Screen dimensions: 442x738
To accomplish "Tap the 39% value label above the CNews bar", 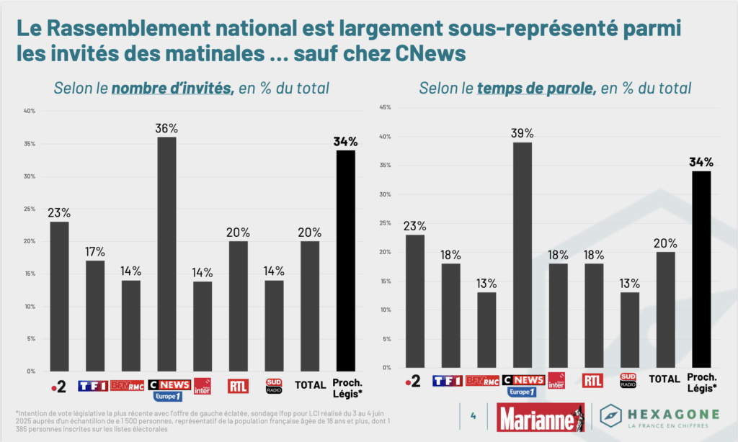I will pyautogui.click(x=522, y=133).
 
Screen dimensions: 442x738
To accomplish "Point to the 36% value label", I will pyautogui.click(x=166, y=127).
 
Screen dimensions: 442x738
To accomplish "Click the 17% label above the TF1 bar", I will pyautogui.click(x=95, y=251).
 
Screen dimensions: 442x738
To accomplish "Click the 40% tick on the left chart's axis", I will pyautogui.click(x=30, y=111).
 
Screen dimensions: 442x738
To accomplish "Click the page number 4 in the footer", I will pyautogui.click(x=473, y=416).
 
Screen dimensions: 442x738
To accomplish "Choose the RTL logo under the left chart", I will pyautogui.click(x=238, y=386).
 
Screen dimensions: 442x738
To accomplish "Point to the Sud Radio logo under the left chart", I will pyautogui.click(x=274, y=385).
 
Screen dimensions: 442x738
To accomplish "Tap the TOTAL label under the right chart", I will pyautogui.click(x=664, y=379).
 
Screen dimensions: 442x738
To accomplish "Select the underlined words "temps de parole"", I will pyautogui.click(x=535, y=89).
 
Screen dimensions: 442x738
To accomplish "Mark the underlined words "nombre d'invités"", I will pyautogui.click(x=172, y=89).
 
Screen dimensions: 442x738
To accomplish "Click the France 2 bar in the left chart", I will pyautogui.click(x=59, y=296).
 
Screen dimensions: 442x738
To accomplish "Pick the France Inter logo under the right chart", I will pyautogui.click(x=557, y=381).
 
